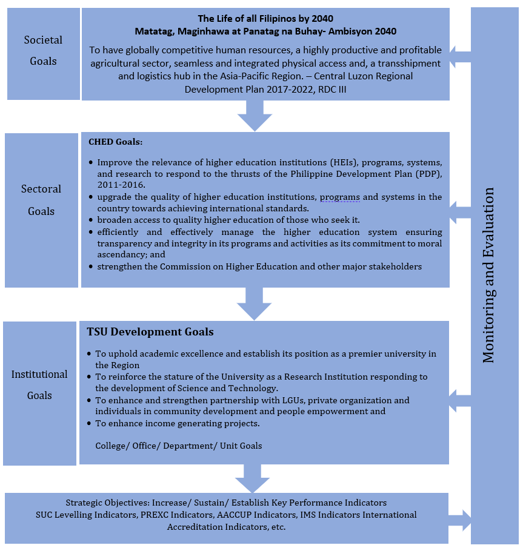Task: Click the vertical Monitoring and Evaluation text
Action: tap(490, 275)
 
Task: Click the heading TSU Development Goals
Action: tap(150, 332)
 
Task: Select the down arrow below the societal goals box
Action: tap(255, 116)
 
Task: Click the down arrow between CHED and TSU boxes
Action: tap(254, 303)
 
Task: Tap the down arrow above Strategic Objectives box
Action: tap(252, 478)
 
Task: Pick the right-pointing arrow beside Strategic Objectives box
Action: tap(460, 520)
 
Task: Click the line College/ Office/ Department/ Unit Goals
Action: tap(179, 446)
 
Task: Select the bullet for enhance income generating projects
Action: tap(90, 423)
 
